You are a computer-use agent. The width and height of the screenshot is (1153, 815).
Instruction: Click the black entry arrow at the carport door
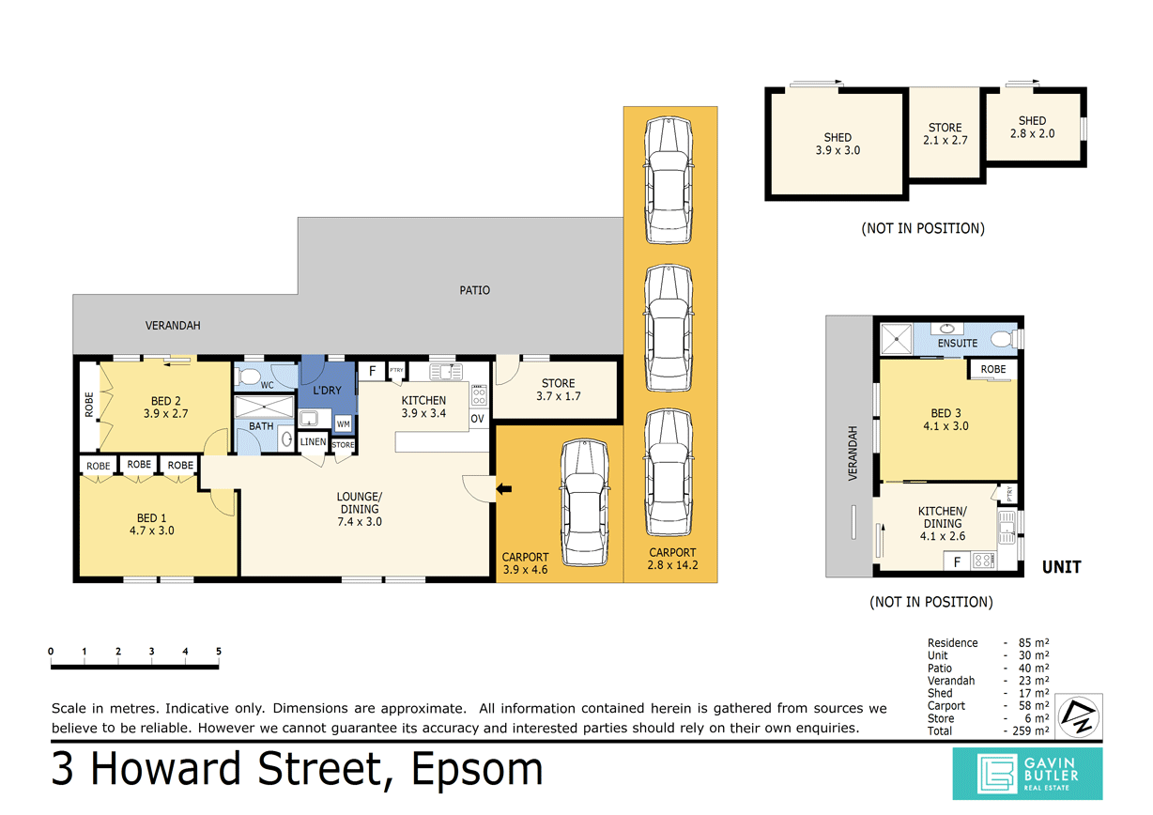(x=504, y=489)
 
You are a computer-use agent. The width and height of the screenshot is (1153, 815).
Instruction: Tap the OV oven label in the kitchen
(x=477, y=419)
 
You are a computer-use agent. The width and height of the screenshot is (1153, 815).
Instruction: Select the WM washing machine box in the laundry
(x=344, y=424)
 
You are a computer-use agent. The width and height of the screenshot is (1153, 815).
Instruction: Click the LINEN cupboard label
(x=313, y=441)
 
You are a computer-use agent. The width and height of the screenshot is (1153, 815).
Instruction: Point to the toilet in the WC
(x=248, y=377)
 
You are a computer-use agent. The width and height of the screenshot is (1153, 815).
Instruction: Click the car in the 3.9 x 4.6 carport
(x=585, y=502)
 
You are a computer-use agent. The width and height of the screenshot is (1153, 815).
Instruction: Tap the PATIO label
(x=474, y=290)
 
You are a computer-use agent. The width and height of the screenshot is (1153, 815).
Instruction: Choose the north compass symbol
(x=1079, y=716)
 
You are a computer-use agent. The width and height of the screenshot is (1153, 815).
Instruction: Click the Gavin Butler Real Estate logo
(x=1027, y=774)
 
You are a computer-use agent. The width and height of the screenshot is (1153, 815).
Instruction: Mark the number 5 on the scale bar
(x=218, y=652)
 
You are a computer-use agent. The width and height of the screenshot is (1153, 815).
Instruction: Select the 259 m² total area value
(x=1031, y=731)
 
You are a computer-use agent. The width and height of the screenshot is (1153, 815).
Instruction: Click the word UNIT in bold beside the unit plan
(x=1061, y=567)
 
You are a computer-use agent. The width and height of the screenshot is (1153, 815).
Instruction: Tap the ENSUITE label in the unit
(x=958, y=344)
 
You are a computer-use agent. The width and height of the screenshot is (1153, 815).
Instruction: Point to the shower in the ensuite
(x=896, y=339)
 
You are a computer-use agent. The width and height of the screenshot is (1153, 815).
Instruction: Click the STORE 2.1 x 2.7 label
(x=945, y=134)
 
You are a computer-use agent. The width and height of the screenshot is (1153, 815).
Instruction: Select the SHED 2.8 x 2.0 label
(x=1032, y=127)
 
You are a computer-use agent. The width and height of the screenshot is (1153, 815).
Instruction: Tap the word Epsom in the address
(x=477, y=769)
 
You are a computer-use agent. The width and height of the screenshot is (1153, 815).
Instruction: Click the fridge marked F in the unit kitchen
(x=957, y=561)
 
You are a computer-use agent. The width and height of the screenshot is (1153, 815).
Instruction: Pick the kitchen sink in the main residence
(x=446, y=371)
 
